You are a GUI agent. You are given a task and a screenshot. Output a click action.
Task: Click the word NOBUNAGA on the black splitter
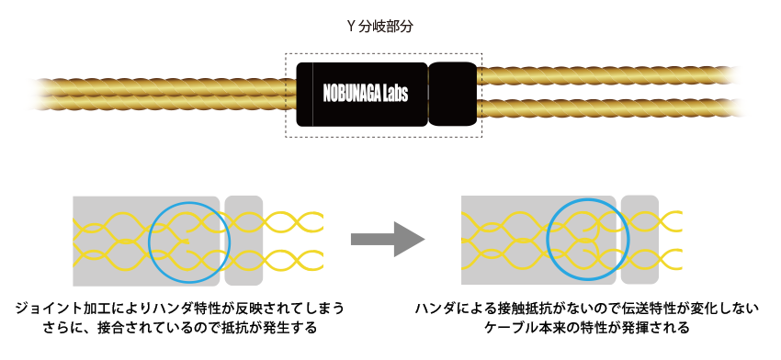click(x=354, y=94)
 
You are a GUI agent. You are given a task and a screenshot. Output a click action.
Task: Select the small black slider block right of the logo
click(x=451, y=95)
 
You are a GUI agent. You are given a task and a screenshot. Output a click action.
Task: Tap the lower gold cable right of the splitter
click(x=606, y=109)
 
